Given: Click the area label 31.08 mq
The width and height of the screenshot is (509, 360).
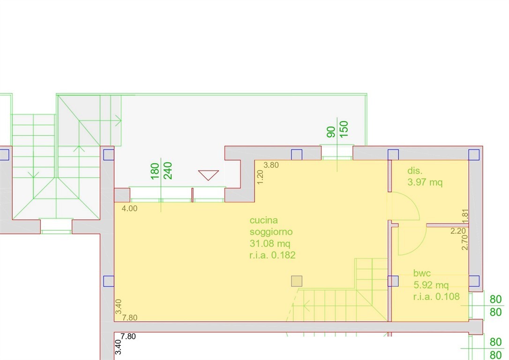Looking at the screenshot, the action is (x=270, y=243).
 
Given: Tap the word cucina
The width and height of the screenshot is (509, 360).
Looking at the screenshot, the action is (x=263, y=220).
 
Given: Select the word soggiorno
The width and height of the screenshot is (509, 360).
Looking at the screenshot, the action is (x=271, y=232).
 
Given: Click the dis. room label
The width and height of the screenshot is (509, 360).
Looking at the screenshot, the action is (x=415, y=171).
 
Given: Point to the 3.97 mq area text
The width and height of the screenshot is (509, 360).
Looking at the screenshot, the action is (x=425, y=182).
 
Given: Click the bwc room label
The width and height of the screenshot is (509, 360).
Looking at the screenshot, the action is (x=422, y=273).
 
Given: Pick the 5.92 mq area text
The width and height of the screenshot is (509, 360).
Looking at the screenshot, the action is (x=431, y=285).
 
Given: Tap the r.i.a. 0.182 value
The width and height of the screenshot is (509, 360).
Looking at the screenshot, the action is (x=272, y=255).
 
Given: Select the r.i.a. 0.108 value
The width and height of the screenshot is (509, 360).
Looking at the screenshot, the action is (x=436, y=296).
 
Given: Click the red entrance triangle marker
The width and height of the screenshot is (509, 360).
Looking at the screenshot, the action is (x=209, y=175).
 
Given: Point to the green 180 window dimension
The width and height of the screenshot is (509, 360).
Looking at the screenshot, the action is (x=155, y=171).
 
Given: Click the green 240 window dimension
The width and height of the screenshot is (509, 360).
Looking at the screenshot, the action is (x=167, y=171).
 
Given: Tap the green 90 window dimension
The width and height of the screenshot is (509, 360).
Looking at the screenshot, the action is (x=331, y=132).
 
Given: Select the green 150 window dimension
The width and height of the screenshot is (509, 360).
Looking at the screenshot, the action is (x=344, y=129).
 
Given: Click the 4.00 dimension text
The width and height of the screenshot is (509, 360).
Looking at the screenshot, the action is (x=129, y=209).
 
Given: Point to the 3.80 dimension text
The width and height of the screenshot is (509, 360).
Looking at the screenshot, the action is (x=271, y=165).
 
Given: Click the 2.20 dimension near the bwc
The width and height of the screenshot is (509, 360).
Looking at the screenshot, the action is (x=458, y=231).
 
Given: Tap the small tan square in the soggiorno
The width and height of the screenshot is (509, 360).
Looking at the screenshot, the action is (x=297, y=281).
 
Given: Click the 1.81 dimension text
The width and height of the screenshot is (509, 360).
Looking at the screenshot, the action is (x=465, y=217).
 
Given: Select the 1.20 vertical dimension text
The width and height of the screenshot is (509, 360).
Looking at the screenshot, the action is (x=260, y=177).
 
